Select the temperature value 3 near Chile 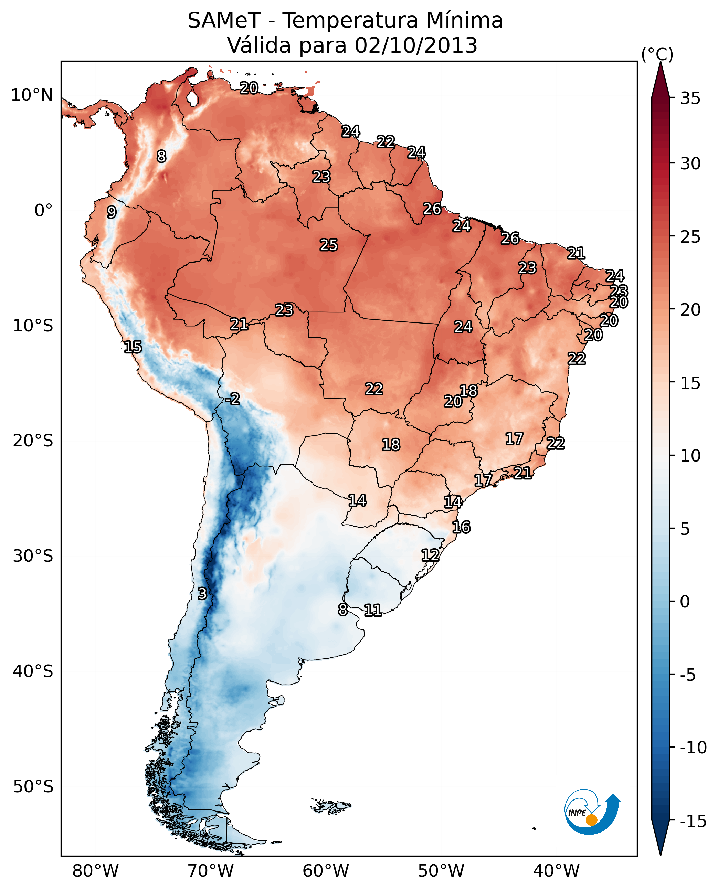pyautogui.click(x=202, y=593)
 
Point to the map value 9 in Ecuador pyautogui.click(x=111, y=212)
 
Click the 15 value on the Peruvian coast pyautogui.click(x=133, y=347)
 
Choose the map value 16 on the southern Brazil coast pyautogui.click(x=461, y=527)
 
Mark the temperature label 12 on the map pyautogui.click(x=430, y=555)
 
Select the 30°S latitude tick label pyautogui.click(x=33, y=556)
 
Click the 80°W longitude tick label pyautogui.click(x=96, y=871)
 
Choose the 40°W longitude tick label pyautogui.click(x=556, y=871)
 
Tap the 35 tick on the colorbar pyautogui.click(x=690, y=98)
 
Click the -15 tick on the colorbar pyautogui.click(x=693, y=821)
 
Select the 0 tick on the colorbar pyautogui.click(x=685, y=601)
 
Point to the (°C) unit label pyautogui.click(x=657, y=54)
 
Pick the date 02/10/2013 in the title pyautogui.click(x=416, y=45)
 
